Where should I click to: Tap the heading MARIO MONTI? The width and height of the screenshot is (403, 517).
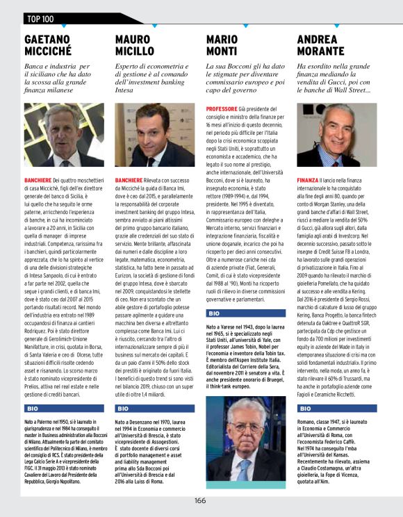tap(222, 45)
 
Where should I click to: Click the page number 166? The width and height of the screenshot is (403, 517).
tap(200, 500)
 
